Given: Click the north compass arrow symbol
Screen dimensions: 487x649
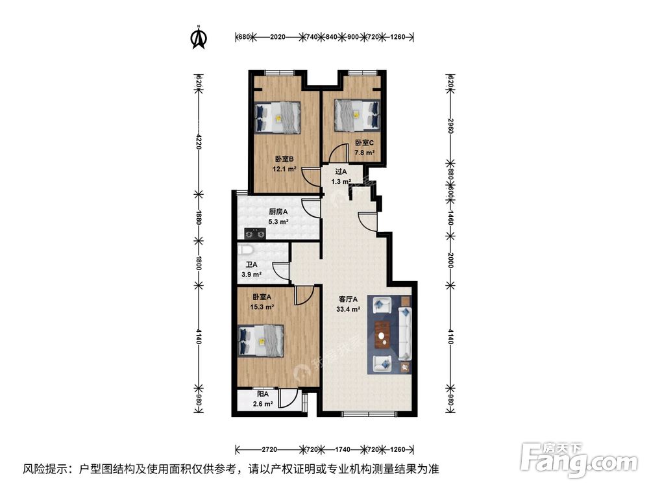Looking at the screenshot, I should click(x=198, y=38).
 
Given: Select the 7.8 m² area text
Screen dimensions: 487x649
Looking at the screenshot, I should click(x=364, y=153).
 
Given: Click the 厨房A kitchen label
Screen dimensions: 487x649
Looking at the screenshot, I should click(x=278, y=212).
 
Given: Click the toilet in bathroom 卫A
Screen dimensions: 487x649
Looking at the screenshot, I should click(x=245, y=250).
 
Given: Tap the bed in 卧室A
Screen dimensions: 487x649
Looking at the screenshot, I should click(x=262, y=341).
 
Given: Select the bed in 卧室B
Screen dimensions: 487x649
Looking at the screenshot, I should click(x=278, y=118).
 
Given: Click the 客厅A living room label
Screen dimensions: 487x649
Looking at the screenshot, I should click(x=349, y=300).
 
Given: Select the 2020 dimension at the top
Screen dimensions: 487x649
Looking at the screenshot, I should click(x=278, y=37).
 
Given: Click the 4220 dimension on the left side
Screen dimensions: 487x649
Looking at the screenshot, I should click(x=199, y=140).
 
